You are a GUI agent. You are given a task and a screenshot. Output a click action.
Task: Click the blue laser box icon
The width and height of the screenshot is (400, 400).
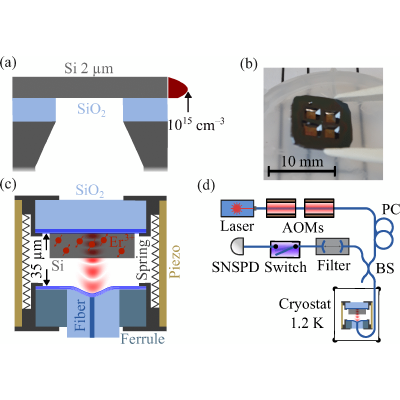point(237,208)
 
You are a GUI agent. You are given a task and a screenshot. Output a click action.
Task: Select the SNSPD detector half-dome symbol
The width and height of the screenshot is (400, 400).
point(237,247)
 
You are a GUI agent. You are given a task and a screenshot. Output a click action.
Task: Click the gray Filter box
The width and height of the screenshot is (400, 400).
point(332,247)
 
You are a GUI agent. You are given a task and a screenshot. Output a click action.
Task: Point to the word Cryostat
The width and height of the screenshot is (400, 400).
point(305,305)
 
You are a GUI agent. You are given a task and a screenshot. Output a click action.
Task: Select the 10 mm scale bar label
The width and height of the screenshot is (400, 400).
point(302,162)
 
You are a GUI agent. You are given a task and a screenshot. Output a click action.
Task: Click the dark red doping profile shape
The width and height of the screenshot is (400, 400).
point(178,88)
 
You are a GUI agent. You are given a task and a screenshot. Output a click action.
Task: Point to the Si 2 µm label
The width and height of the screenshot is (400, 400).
point(89,69)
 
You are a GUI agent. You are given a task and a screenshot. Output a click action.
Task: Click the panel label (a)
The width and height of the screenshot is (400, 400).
point(8,63)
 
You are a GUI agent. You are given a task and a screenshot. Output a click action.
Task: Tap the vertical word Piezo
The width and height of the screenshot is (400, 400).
point(175,261)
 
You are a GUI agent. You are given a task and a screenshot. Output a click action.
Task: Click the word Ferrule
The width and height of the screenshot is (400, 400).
point(143,339)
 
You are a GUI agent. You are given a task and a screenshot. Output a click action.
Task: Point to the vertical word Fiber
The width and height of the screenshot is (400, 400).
point(81,315)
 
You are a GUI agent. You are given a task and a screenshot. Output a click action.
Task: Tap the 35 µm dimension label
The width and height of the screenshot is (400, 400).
point(39,258)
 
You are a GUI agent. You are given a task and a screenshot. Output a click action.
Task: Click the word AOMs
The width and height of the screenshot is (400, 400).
point(303,227)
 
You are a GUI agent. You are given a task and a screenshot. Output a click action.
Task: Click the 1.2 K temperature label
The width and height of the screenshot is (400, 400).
point(307,323)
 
